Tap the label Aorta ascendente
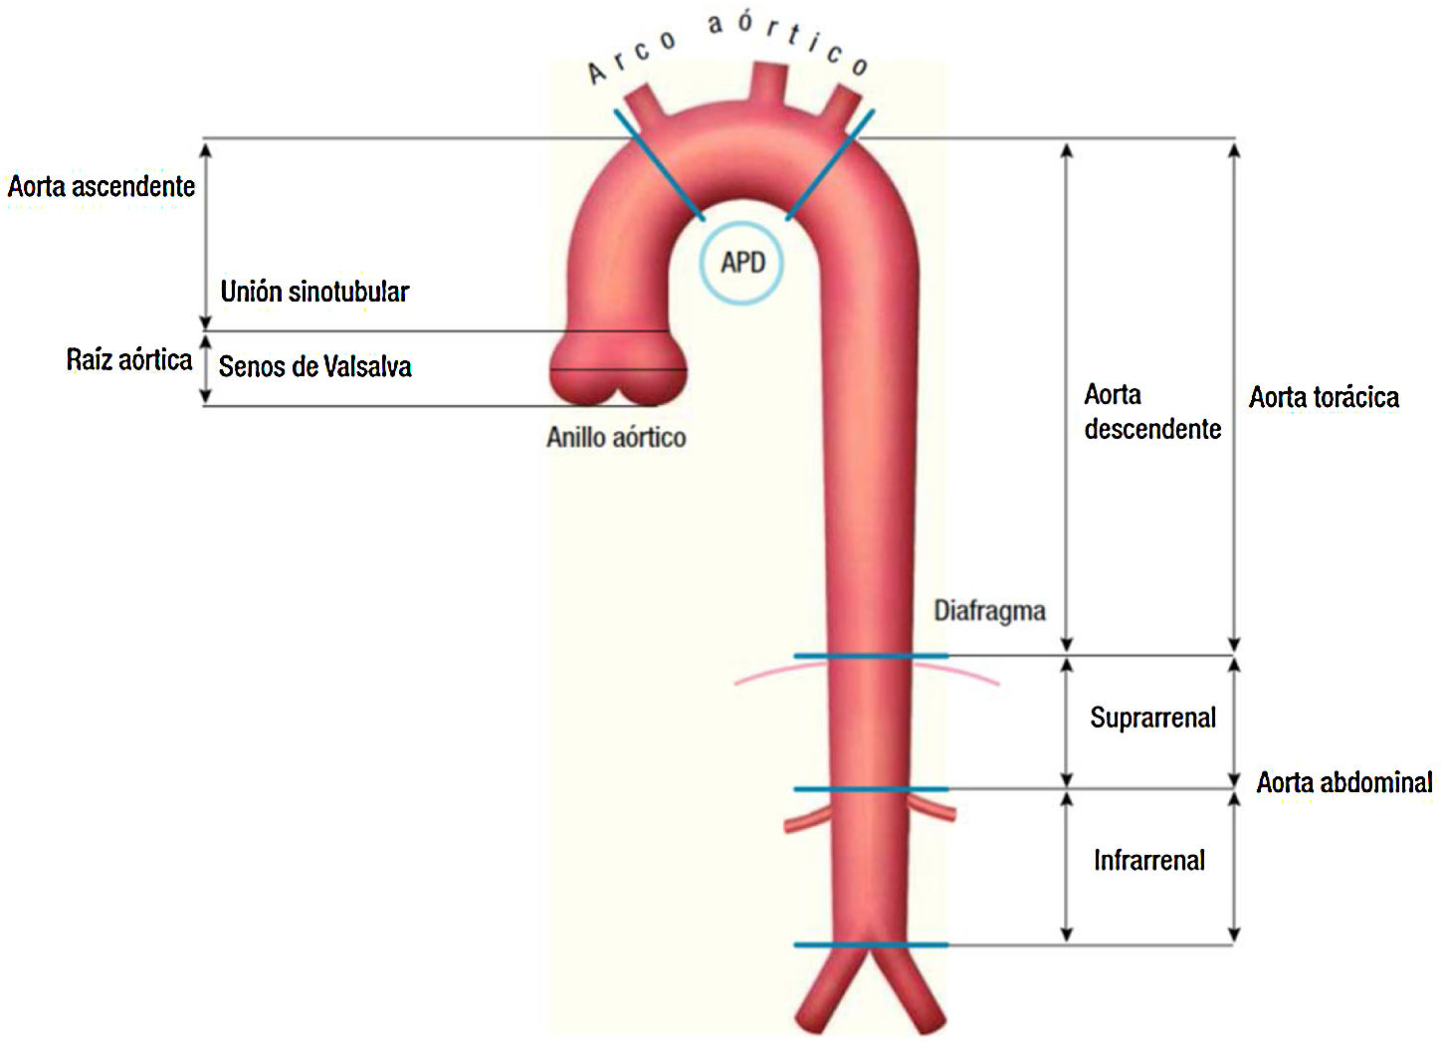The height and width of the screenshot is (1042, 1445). click(x=102, y=186)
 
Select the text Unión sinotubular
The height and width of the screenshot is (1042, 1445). click(x=314, y=292)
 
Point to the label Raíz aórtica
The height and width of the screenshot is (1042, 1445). click(x=129, y=359)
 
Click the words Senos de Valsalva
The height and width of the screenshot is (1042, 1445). click(x=314, y=367)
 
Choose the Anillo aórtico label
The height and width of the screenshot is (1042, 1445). click(x=616, y=437)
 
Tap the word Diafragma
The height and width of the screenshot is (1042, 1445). click(x=989, y=610)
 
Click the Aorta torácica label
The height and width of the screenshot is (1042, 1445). click(x=1324, y=398)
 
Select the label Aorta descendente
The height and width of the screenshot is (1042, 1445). click(x=1151, y=412)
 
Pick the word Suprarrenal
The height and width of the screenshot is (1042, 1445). click(x=1152, y=718)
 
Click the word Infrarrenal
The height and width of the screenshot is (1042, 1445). click(x=1148, y=860)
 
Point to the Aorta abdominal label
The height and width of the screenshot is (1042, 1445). click(x=1343, y=782)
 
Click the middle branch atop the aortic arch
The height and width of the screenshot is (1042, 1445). click(x=767, y=86)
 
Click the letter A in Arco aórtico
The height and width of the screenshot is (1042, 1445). click(x=597, y=73)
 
